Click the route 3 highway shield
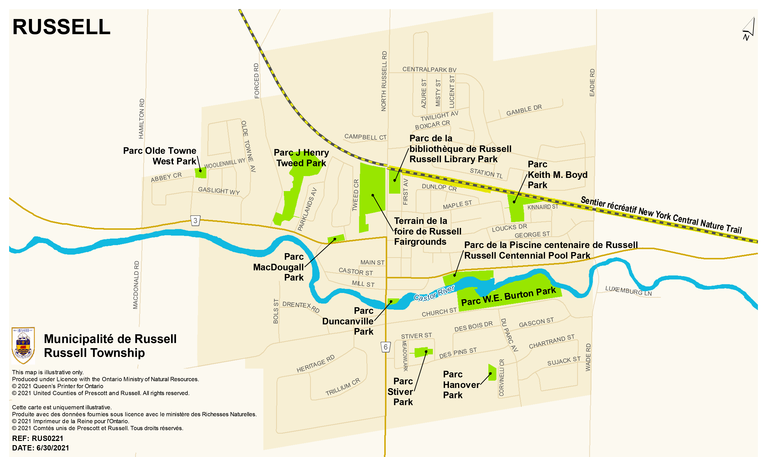[x=195, y=220]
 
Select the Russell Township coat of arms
[x=23, y=346]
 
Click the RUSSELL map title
[x=61, y=27]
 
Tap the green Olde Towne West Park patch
[x=201, y=173]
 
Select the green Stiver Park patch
[x=423, y=352]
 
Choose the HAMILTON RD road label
[x=141, y=119]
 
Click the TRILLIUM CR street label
[x=343, y=387]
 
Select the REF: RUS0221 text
[x=38, y=438]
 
